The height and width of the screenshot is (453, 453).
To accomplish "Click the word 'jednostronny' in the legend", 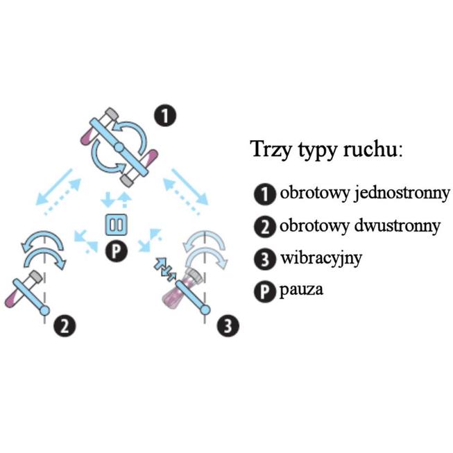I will pyautogui.click(x=403, y=194).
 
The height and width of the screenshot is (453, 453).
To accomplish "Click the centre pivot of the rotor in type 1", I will pyautogui.click(x=119, y=148).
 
